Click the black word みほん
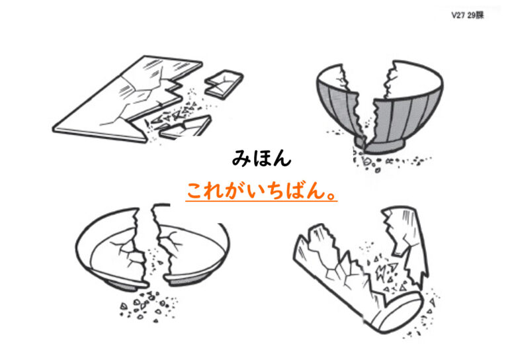[x=261, y=158]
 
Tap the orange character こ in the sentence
[x=196, y=191]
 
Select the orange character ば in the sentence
[x=296, y=191]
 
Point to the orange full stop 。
[x=331, y=195]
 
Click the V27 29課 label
[x=468, y=15]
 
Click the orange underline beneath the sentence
[x=261, y=201]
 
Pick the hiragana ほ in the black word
[x=262, y=158]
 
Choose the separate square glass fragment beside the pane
[x=224, y=84]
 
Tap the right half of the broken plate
[x=194, y=253]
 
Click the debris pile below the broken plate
[x=148, y=306]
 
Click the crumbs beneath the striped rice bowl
[x=389, y=161]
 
